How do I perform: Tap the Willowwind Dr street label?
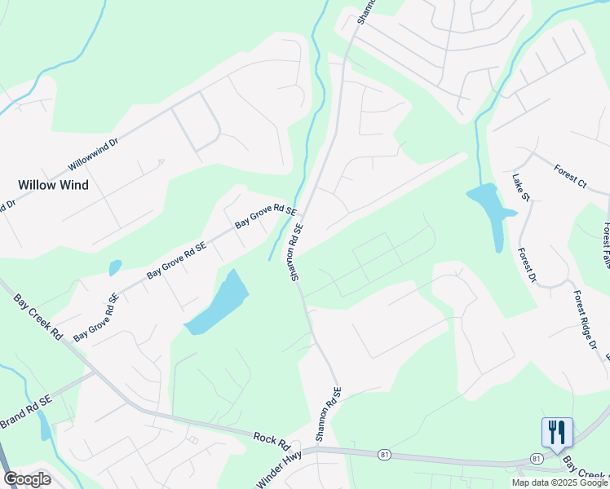pos(83,158)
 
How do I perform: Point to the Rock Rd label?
pos(272,441)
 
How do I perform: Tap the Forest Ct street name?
pos(569,175)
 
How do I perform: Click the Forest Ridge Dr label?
pos(584,319)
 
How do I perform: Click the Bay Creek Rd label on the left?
pos(38,316)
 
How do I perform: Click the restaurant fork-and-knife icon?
pos(557,432)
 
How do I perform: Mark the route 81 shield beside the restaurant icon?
pos(536,460)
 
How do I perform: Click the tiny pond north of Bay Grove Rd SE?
pos(115,267)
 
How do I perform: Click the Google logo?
pos(27,479)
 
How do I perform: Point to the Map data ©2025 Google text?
pos(559,482)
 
